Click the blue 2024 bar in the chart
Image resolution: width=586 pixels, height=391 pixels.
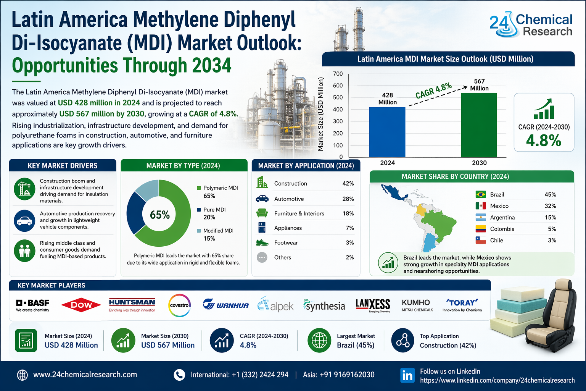387,132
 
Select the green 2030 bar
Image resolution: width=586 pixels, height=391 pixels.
479,125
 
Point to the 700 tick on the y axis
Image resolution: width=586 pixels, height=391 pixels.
338,74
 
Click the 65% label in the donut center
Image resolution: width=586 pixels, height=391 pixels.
159,215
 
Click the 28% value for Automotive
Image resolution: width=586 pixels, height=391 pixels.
348,199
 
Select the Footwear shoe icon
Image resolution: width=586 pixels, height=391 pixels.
262,242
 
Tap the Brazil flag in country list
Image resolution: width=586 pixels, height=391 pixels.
481,194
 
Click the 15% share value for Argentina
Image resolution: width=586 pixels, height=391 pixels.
550,217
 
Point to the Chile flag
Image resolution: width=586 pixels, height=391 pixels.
481,240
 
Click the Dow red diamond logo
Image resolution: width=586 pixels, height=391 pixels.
81,305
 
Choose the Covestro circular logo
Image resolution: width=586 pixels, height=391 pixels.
179,305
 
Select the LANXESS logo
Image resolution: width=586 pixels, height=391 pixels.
373,305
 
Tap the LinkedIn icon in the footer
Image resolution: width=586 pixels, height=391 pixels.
407,376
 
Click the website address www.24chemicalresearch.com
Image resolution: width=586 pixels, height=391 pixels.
85,375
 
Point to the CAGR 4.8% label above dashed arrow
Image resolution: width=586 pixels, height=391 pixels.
433,91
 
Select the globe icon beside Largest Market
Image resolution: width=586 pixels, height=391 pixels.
319,340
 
